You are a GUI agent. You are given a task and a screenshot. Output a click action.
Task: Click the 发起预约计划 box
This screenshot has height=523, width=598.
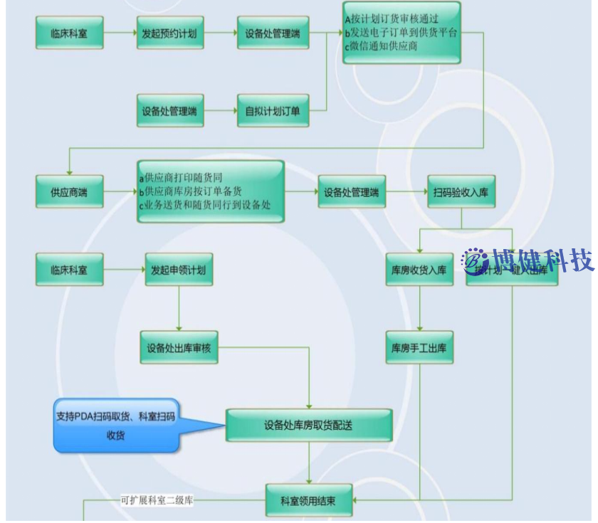coord(169,33)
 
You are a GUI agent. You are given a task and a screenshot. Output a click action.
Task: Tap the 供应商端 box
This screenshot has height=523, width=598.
coord(69,192)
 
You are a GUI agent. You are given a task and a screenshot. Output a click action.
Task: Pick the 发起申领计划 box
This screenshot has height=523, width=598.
coord(179,270)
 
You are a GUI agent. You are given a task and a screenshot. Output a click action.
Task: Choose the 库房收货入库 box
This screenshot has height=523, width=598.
coord(419,270)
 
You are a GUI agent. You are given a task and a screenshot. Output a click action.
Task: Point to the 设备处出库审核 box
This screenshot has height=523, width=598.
coord(179,348)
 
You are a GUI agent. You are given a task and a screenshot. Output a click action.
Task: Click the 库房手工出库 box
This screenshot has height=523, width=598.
coord(419,348)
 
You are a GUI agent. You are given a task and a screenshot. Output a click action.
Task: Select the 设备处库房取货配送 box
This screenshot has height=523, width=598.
coord(308,426)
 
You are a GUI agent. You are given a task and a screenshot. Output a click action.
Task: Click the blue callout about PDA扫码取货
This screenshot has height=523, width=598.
coord(115,426)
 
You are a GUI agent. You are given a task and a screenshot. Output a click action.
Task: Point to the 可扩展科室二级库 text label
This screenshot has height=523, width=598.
coord(157,501)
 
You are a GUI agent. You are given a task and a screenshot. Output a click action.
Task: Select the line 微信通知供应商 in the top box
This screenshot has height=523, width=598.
coord(384,46)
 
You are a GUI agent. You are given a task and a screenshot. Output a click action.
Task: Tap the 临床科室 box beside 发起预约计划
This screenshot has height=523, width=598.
coord(69,33)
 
